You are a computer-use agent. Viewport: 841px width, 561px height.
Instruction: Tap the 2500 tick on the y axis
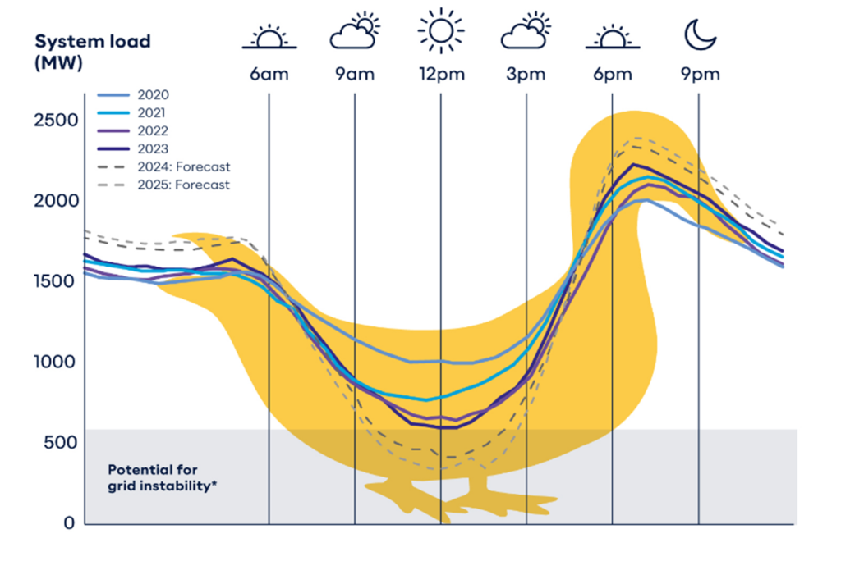click(57, 121)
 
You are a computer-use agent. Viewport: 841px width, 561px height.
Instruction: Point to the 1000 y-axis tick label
click(57, 362)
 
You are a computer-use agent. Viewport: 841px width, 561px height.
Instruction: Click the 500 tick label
click(62, 443)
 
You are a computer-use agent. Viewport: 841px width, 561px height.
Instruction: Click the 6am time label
click(269, 75)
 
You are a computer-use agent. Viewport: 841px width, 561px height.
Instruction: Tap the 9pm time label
click(699, 75)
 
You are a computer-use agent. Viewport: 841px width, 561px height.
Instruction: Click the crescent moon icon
click(701, 34)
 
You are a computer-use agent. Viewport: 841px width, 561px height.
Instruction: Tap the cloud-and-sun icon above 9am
click(355, 33)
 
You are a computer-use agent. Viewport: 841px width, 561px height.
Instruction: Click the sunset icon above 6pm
click(612, 37)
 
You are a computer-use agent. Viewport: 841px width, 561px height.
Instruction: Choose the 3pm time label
click(526, 75)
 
